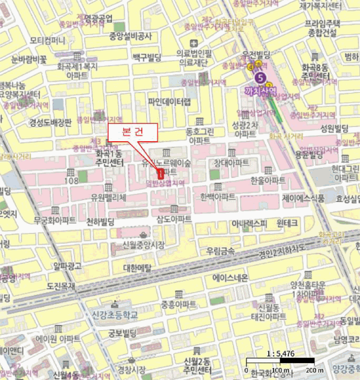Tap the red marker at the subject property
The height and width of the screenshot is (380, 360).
(x=161, y=174)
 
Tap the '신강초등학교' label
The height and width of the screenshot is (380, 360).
(x=115, y=314)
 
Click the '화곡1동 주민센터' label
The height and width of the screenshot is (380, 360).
(x=106, y=158)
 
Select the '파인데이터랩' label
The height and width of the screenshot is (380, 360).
(x=169, y=102)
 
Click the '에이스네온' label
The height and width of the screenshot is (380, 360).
(x=230, y=277)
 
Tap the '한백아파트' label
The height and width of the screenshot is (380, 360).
(x=217, y=196)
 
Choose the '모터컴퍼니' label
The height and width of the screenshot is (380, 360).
(x=47, y=41)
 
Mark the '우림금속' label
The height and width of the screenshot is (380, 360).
(x=220, y=251)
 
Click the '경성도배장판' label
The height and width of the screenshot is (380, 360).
(x=50, y=122)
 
